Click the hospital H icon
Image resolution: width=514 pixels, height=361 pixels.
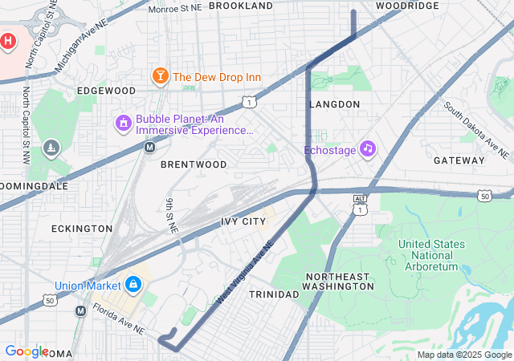[8, 40]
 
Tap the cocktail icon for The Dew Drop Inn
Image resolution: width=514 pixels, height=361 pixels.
[160, 77]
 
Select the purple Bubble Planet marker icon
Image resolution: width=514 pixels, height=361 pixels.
[123, 123]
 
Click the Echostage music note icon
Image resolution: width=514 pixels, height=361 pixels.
[368, 148]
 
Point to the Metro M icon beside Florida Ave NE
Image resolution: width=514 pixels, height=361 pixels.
[80, 310]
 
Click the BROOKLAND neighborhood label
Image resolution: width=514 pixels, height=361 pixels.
[241, 6]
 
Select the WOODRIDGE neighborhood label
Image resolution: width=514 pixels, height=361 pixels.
[407, 6]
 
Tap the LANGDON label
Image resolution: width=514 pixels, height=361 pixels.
[334, 104]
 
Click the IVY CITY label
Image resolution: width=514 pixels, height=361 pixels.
[243, 221]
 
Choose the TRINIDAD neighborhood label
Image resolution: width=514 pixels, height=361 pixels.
[273, 294]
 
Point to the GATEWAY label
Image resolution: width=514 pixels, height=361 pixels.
[459, 160]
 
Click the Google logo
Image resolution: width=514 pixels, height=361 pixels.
[26, 351]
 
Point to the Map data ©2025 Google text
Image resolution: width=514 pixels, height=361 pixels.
[463, 355]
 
